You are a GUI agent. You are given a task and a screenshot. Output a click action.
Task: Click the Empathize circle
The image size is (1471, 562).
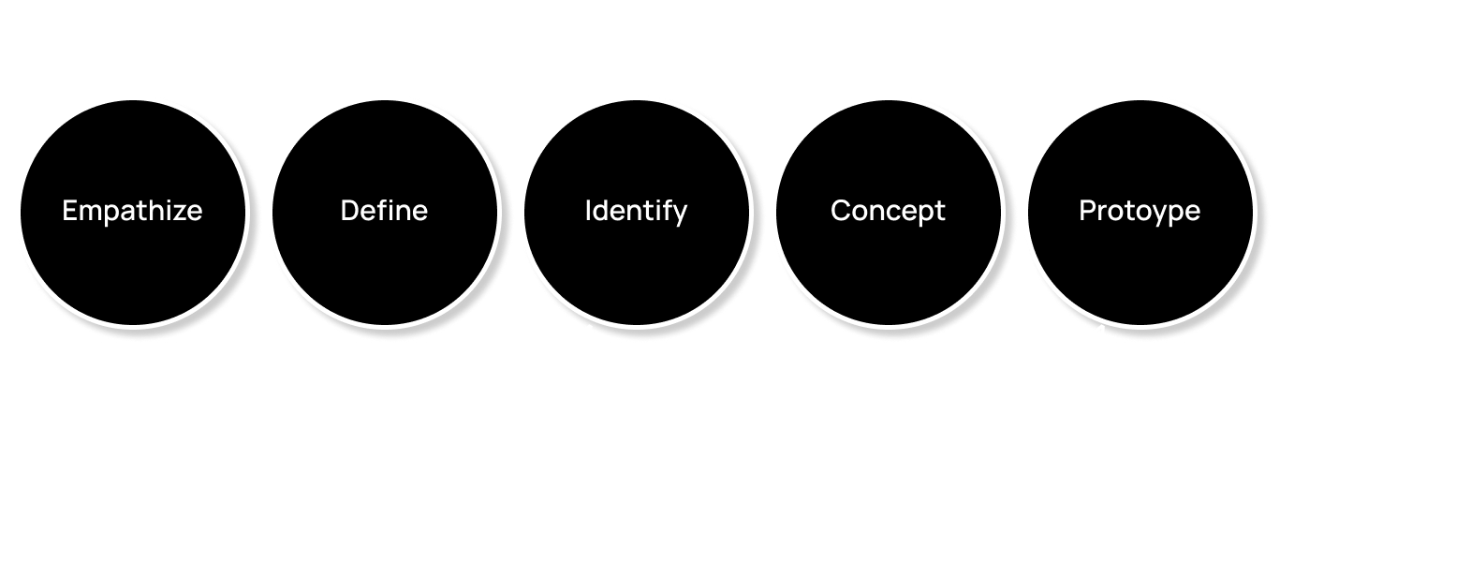[x=132, y=211]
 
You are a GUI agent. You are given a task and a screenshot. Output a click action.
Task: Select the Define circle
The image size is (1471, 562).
[x=384, y=211]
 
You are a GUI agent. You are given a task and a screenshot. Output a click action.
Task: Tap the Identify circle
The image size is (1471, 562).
[x=636, y=211]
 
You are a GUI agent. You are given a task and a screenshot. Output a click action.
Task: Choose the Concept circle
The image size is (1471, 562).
[x=888, y=211]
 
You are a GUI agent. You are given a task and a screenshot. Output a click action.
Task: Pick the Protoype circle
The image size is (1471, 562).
[x=1140, y=211]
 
